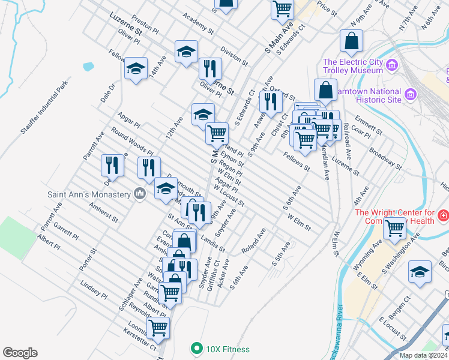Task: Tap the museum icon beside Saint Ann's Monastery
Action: [140, 194]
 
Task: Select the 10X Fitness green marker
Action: [196, 349]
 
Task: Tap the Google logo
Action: [20, 352]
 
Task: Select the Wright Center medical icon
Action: [443, 214]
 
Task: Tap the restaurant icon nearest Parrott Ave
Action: [112, 164]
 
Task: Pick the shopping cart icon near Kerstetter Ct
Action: [158, 328]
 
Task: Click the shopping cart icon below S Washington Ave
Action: [394, 228]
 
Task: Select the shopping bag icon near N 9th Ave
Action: [351, 41]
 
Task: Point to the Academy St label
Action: [198, 23]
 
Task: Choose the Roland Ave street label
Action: [253, 239]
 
